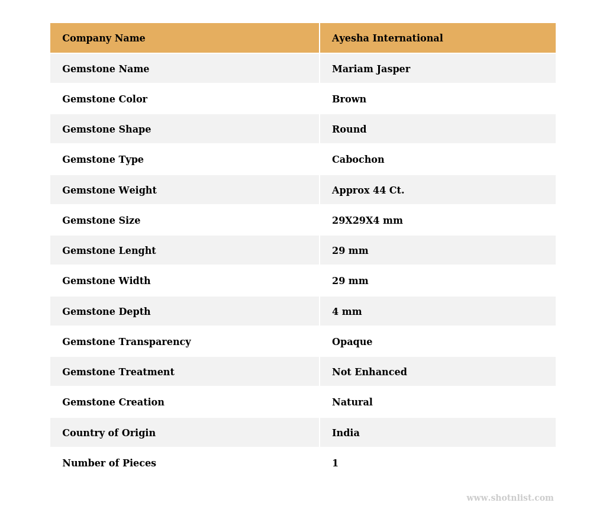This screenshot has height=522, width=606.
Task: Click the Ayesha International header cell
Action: pos(387,38)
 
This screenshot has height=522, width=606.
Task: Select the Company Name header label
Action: pos(104,38)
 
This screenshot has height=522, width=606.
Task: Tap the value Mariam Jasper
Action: pos(370,69)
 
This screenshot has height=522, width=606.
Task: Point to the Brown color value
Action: pos(349,99)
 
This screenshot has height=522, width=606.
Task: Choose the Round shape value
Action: pos(349,130)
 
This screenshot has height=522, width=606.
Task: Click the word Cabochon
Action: pos(357,160)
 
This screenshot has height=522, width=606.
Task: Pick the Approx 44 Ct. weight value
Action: pos(368,191)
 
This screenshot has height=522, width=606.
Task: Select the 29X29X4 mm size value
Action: pos(367,221)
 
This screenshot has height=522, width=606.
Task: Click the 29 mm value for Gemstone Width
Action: pos(350,281)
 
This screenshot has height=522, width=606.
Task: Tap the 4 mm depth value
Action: pos(346,312)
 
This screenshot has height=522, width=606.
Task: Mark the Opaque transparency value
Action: pos(352,342)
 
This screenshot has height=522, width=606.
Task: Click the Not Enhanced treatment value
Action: pos(369,372)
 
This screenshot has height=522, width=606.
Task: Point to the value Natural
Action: pos(352,402)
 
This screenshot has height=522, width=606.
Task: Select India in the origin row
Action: pos(345,433)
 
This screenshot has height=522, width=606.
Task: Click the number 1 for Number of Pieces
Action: pos(335,463)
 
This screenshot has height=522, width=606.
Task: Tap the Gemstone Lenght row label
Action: pos(109,251)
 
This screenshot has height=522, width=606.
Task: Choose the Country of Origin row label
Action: pos(109,433)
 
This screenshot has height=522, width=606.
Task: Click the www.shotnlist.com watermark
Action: pos(510,498)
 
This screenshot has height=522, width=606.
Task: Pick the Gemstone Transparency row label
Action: pos(126,342)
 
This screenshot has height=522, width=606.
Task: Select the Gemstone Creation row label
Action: pos(113,402)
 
